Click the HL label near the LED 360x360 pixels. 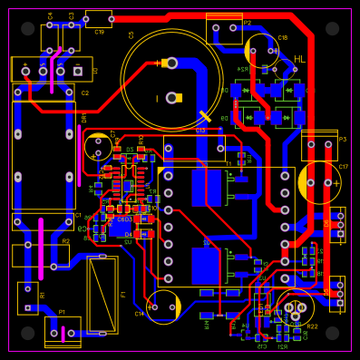(x=299, y=59)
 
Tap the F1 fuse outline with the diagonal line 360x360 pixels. (x=102, y=294)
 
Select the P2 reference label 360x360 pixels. (x=247, y=23)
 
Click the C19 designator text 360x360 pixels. (x=99, y=32)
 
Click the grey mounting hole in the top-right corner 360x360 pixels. (x=332, y=28)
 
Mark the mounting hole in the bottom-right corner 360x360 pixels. (x=332, y=333)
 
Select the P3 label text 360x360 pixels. (x=342, y=140)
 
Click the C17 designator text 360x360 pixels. (x=344, y=167)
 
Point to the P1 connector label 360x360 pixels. (x=62, y=312)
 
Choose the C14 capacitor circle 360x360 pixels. (x=163, y=306)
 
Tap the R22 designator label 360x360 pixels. (x=312, y=326)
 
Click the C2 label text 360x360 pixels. (x=85, y=92)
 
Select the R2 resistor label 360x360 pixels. (x=65, y=241)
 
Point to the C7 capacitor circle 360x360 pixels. (x=98, y=147)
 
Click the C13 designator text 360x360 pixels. (x=200, y=131)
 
